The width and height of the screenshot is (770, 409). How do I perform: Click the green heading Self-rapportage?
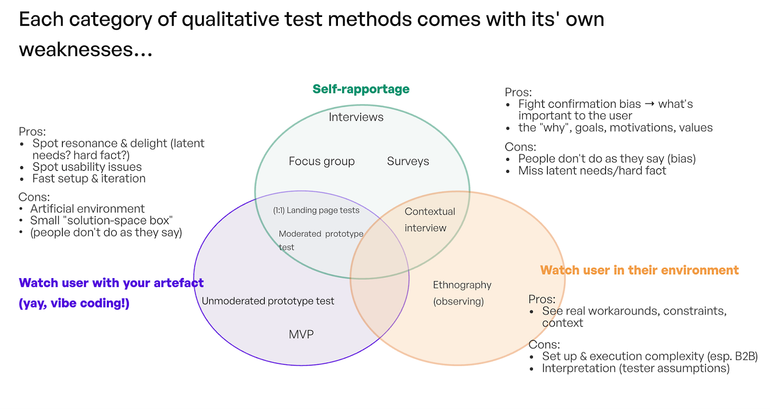tap(361, 89)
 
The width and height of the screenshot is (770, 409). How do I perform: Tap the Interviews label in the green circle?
tap(356, 117)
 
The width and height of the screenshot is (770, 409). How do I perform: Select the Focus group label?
tap(322, 162)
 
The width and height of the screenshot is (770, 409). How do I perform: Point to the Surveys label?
tap(408, 162)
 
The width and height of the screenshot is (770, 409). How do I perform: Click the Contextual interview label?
tap(429, 220)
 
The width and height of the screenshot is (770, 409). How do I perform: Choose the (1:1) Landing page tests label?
tap(316, 210)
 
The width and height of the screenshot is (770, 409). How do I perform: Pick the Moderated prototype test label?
tap(320, 240)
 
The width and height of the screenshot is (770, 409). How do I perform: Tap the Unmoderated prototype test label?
tap(268, 301)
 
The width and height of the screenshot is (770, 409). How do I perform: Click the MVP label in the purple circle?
tap(301, 334)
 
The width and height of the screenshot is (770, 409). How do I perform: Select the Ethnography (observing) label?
tap(462, 293)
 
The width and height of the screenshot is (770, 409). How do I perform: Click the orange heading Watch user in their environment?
tap(639, 270)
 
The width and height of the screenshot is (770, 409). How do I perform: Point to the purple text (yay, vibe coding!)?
tap(74, 304)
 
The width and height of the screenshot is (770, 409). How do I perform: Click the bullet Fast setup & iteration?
tap(89, 179)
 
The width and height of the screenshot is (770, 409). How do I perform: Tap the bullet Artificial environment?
tap(87, 209)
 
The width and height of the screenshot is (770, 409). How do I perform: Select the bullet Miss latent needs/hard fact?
tap(592, 171)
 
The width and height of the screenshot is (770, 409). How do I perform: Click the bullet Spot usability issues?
tap(87, 167)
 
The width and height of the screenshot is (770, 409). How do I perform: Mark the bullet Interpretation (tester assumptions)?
tap(636, 368)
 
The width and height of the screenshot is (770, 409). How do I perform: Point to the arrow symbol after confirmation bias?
tap(649, 104)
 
